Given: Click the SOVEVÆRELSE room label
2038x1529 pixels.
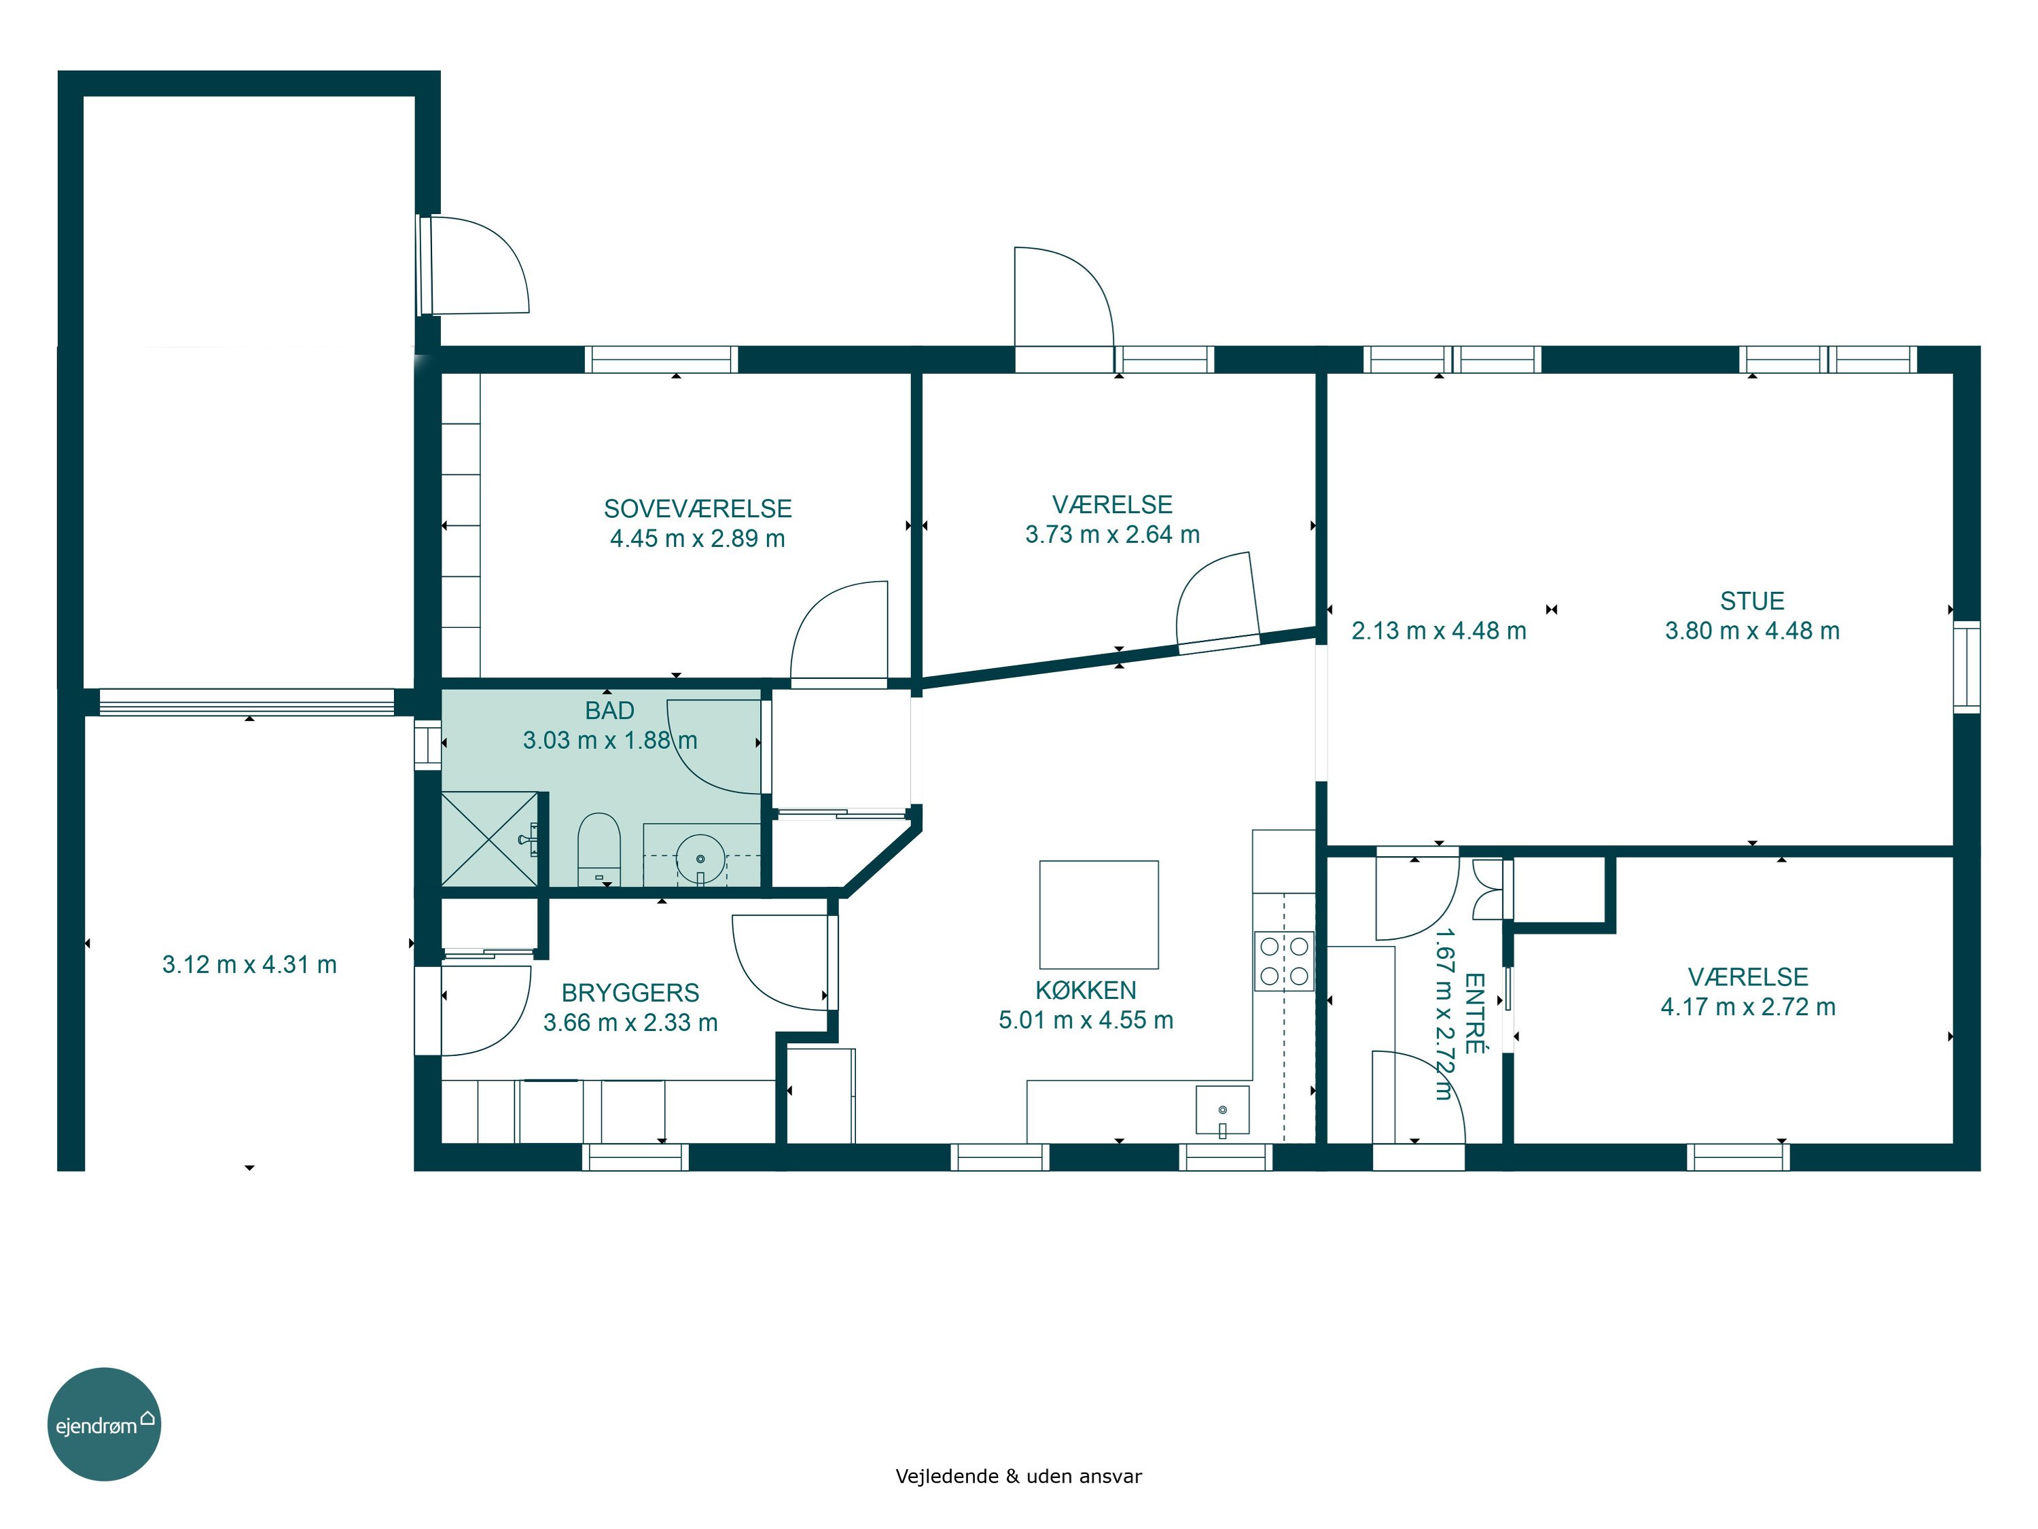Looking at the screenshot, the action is click(x=698, y=509).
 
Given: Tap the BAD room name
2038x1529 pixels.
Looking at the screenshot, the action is click(x=610, y=711).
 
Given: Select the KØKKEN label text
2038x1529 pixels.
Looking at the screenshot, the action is click(x=1086, y=991).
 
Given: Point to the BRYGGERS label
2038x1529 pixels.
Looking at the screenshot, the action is click(x=630, y=993).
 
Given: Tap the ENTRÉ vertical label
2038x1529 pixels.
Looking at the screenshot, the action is click(x=1474, y=1013).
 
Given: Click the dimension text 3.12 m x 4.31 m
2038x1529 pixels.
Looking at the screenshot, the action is click(x=250, y=965).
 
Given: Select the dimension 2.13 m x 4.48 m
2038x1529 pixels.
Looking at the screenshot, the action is click(x=1438, y=631).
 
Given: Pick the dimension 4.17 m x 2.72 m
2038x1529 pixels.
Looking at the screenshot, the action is click(x=1748, y=1007).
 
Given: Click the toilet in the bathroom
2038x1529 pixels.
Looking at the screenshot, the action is click(x=599, y=849).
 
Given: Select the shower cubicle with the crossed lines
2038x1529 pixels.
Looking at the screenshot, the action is click(x=489, y=839).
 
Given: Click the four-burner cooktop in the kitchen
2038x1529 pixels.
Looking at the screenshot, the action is click(x=1283, y=960).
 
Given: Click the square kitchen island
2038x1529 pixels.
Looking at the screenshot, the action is click(x=1098, y=914).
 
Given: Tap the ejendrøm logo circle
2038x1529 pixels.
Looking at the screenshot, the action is click(x=104, y=1424).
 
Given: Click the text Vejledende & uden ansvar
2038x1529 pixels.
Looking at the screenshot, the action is click(x=1018, y=1475).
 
